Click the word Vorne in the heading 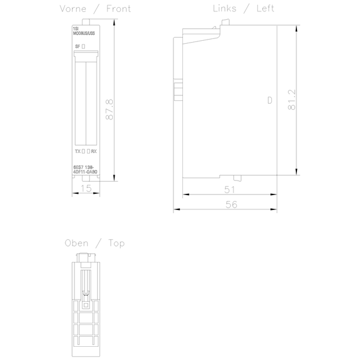(x=73, y=8)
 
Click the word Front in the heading (x=118, y=8)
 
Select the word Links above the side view (x=226, y=8)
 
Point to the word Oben (x=77, y=243)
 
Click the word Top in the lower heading (x=116, y=243)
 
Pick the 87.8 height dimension (x=110, y=109)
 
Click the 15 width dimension (x=86, y=189)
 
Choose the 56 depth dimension (x=232, y=205)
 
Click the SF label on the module (x=77, y=46)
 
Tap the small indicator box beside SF (x=84, y=46)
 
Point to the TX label (x=77, y=152)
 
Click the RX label (x=94, y=152)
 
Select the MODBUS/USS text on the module (x=83, y=34)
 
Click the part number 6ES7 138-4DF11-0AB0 (x=85, y=170)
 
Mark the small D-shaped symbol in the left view (x=269, y=101)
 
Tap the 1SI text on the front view (x=76, y=28)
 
